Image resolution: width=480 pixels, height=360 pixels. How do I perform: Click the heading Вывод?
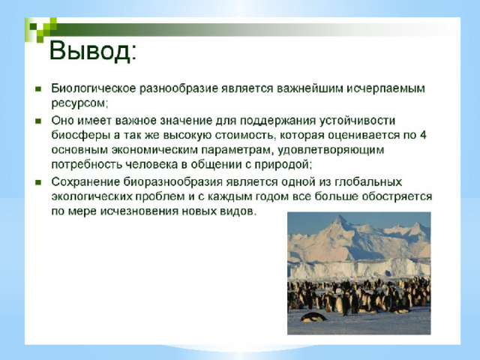[92, 51]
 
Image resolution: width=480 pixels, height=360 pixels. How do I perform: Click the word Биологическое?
[94, 88]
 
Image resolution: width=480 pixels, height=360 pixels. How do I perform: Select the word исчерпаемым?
[385, 88]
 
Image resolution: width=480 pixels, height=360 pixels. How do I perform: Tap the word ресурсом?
[79, 103]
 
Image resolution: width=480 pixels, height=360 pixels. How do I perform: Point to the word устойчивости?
[357, 120]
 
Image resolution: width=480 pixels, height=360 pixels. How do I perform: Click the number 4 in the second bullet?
[423, 135]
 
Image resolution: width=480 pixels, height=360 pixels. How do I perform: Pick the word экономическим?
[155, 150]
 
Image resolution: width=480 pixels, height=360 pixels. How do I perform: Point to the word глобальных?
[367, 181]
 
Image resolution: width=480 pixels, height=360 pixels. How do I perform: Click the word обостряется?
[397, 196]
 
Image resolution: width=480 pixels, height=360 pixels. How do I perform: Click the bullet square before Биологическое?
[38, 89]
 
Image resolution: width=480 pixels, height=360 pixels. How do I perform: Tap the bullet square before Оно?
[38, 121]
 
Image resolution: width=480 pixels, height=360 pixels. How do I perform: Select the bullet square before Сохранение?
[38, 182]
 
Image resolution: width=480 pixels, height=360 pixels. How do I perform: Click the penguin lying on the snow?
[313, 317]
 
